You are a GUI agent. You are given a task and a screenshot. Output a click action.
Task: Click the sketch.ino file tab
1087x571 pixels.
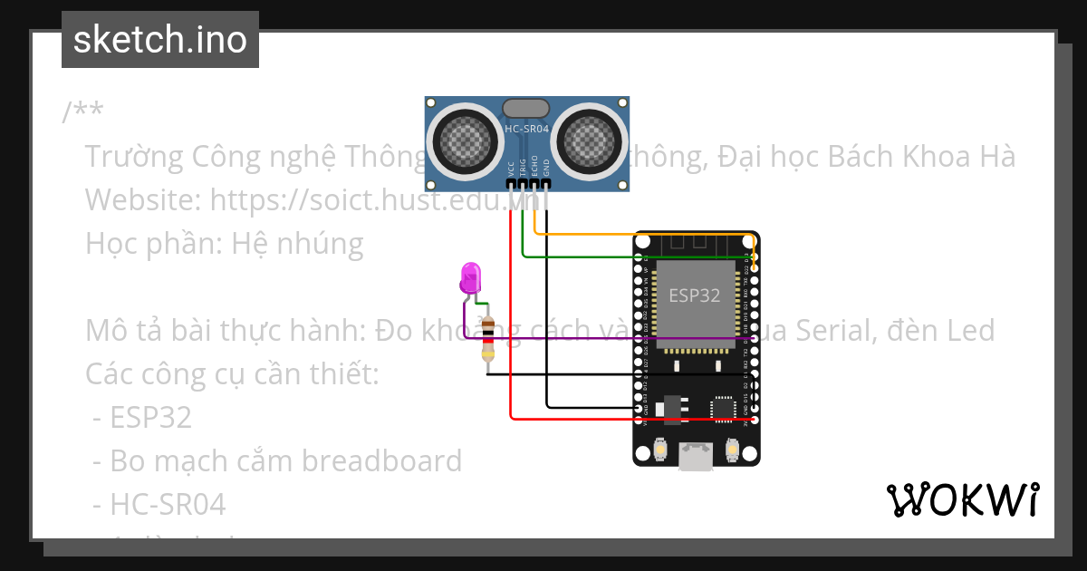click(160, 40)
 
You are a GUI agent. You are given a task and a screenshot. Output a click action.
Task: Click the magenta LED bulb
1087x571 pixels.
click(471, 277)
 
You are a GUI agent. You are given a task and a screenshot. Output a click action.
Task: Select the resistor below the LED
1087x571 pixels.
click(489, 340)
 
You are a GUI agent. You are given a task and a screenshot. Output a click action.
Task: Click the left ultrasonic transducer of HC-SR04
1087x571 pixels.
click(465, 140)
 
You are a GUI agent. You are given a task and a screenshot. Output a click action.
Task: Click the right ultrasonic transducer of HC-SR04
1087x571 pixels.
click(589, 140)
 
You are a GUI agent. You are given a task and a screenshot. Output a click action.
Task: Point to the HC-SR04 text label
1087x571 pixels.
click(526, 130)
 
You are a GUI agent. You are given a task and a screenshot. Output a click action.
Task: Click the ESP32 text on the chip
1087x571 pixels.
click(695, 295)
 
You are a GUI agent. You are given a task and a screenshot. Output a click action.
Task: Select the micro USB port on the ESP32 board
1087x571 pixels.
click(696, 458)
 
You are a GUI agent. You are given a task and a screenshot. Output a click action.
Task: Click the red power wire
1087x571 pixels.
click(511, 317)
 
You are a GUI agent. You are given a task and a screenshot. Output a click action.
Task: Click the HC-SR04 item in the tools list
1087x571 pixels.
click(168, 504)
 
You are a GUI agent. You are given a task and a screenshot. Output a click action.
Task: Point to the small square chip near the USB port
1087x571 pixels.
click(723, 409)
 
